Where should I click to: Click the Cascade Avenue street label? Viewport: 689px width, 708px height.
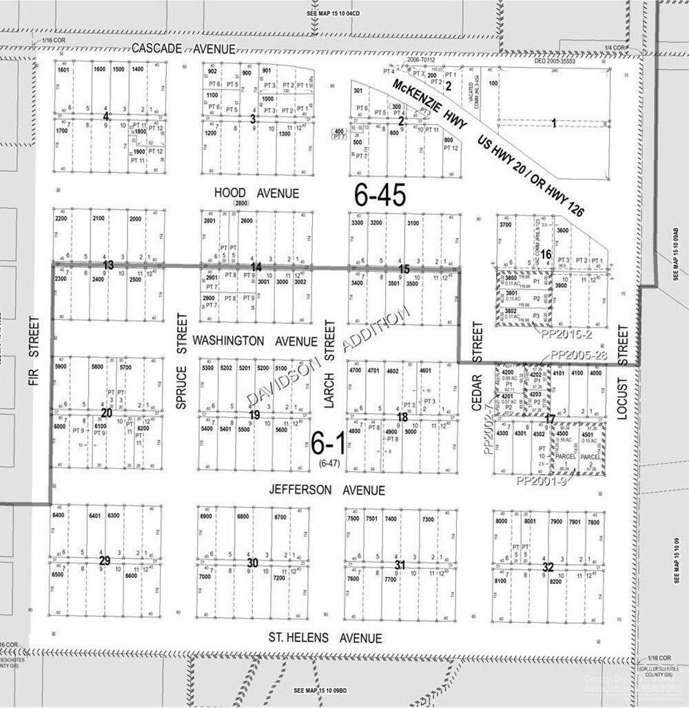pyautogui.click(x=183, y=48)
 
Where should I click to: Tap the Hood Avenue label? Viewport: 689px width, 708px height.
pyautogui.click(x=256, y=193)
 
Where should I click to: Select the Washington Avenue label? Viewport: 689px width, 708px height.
pyautogui.click(x=254, y=341)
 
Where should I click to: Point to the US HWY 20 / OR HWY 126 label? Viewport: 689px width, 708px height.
pyautogui.click(x=531, y=176)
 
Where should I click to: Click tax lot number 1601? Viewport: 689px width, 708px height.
pyautogui.click(x=64, y=70)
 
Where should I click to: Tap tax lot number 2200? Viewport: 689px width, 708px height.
pyautogui.click(x=61, y=218)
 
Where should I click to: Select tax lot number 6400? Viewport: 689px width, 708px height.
pyautogui.click(x=58, y=515)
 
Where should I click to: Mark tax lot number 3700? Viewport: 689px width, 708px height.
pyautogui.click(x=506, y=225)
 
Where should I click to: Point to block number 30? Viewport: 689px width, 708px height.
pyautogui.click(x=252, y=563)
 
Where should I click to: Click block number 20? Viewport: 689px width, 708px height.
pyautogui.click(x=105, y=413)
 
